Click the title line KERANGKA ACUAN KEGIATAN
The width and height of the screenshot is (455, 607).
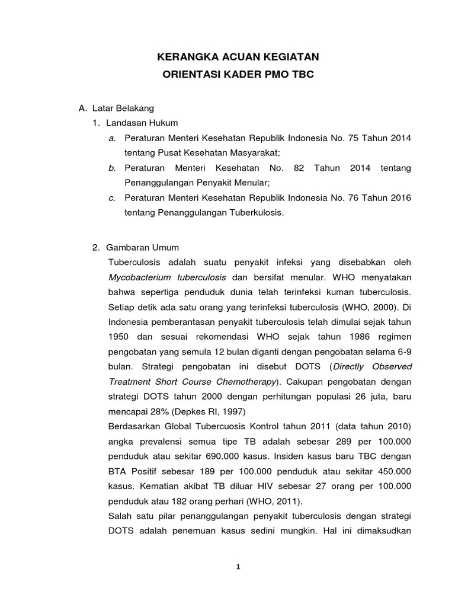(x=238, y=57)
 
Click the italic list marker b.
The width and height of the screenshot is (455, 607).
(x=112, y=168)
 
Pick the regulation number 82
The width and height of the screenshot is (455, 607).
(x=299, y=168)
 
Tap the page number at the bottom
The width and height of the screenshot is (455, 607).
(x=238, y=566)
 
